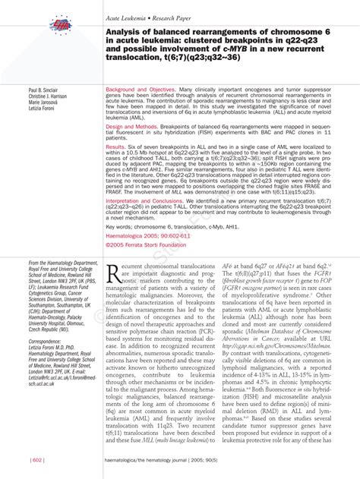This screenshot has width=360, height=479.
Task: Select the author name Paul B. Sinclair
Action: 45,90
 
